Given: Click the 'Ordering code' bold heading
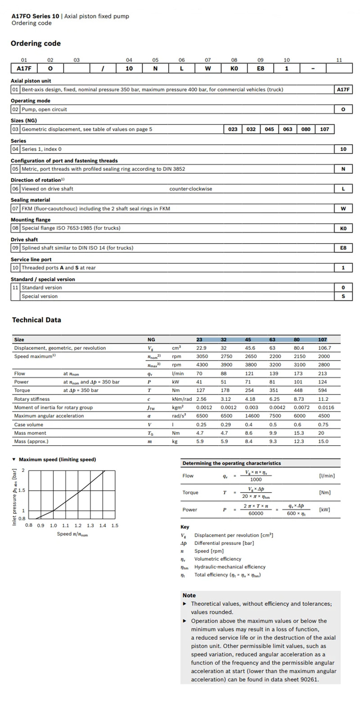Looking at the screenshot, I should (36, 44).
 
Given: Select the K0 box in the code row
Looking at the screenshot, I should (234, 69).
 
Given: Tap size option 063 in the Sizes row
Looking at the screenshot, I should (288, 129).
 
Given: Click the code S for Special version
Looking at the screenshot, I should (343, 296).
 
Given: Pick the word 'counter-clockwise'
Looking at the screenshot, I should (190, 189).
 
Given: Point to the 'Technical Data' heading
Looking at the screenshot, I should (36, 320).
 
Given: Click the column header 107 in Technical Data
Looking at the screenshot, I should (322, 340).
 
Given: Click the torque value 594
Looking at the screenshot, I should (322, 390).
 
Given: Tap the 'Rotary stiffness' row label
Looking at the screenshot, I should (32, 399).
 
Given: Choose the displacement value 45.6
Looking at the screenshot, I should (250, 348).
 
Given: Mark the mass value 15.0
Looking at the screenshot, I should (323, 442).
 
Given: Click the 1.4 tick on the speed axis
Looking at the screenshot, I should (103, 525).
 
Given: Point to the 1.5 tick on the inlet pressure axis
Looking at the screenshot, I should (21, 490).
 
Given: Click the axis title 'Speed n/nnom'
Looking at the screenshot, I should (72, 534).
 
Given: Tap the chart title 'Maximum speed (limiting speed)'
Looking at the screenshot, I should (57, 460).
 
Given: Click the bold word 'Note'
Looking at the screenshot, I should (189, 595).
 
